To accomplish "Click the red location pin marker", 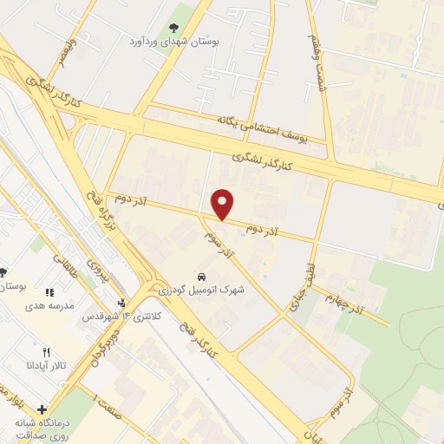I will tap(224, 204).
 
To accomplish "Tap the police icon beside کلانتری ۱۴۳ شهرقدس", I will tap(122, 303).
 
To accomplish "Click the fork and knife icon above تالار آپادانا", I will tap(49, 352).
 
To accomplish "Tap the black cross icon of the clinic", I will tap(42, 409).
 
